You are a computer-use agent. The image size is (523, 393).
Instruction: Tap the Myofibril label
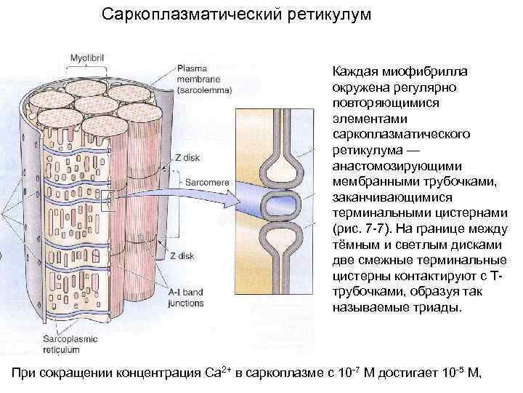[x=87, y=57]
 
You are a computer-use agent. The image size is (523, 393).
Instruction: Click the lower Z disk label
[x=181, y=255]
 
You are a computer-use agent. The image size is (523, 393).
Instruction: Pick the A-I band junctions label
[x=185, y=298]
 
